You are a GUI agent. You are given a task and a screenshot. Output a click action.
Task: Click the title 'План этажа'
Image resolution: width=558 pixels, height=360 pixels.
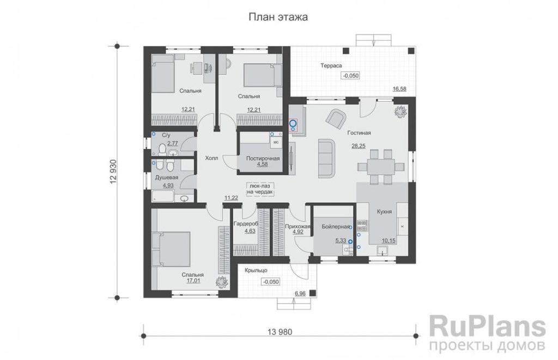[278, 17]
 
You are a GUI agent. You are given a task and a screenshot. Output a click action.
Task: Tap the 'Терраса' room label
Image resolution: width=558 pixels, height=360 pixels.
[331, 66]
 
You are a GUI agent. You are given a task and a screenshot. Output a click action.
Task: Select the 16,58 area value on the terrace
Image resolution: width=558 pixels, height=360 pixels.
[399, 89]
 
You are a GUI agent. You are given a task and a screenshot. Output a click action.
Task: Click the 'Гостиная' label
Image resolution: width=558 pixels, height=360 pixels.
[359, 133]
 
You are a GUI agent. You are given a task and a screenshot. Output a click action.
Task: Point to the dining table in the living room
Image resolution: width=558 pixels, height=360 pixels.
[381, 166]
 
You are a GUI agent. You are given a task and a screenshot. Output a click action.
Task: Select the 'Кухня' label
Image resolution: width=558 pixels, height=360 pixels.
[384, 212]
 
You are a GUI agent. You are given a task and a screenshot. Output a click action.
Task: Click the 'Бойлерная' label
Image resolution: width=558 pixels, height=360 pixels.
[336, 226]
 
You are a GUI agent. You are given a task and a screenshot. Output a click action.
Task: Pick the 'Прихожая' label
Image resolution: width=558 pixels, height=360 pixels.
[298, 226]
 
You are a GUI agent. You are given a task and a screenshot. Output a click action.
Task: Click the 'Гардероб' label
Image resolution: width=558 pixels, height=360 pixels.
[246, 224]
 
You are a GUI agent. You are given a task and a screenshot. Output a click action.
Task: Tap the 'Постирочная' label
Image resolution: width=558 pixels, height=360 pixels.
[263, 158]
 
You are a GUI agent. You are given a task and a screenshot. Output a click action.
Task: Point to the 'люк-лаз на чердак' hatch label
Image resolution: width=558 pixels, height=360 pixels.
[260, 189]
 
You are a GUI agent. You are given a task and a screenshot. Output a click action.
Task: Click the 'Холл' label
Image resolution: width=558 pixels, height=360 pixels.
[211, 158]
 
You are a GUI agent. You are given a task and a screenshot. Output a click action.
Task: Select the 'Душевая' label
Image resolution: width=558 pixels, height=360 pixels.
[167, 178]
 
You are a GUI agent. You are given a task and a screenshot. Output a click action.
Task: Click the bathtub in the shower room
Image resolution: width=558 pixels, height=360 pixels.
[162, 196]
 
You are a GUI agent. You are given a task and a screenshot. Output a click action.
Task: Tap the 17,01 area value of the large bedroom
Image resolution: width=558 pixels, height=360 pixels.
[193, 280]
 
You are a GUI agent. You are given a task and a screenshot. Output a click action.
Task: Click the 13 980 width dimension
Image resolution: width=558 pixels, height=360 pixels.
[280, 332]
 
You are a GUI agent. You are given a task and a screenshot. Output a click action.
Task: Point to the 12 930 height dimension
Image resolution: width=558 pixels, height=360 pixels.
[113, 172]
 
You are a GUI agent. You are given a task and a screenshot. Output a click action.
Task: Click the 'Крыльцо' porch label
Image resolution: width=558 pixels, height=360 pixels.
[256, 270]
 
